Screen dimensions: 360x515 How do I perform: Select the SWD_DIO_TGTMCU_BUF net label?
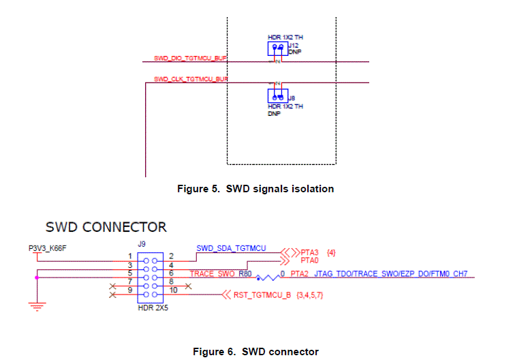pos(190,59)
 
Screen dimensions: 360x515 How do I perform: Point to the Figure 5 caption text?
pos(255,189)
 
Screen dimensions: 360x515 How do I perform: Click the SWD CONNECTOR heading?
pos(106,226)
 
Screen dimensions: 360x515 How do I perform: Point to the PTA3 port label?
pos(311,252)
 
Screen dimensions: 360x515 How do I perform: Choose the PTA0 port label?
pos(311,260)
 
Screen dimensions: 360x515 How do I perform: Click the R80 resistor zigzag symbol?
pos(268,277)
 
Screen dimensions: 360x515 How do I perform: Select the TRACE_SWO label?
pos(213,274)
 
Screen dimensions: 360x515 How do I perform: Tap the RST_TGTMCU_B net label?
pos(263,295)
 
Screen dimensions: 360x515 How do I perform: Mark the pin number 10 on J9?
pos(173,290)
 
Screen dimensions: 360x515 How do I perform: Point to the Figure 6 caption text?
pos(255,352)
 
